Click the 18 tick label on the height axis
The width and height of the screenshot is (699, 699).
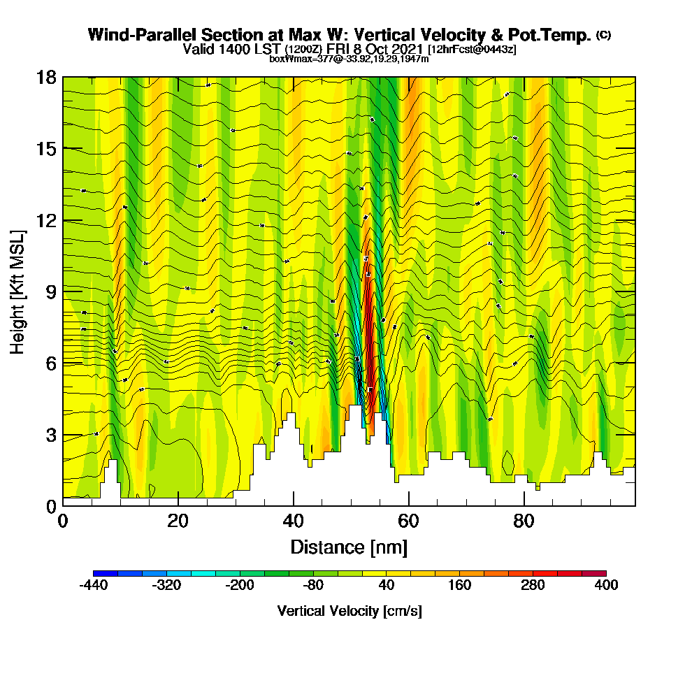pos(46,77)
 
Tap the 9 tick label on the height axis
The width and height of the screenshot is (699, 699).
pos(50,291)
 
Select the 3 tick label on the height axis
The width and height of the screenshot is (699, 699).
pos(50,435)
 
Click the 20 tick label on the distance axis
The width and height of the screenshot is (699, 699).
pos(178,521)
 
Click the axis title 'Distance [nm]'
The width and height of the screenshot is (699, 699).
pos(349,547)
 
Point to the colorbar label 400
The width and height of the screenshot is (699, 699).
pos(606,586)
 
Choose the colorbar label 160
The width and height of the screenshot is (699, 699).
pos(459,586)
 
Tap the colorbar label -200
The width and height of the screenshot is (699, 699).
pos(240,586)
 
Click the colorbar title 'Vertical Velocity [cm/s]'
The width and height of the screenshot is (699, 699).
pos(349,611)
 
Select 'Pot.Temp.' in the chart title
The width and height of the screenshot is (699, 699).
pos(555,35)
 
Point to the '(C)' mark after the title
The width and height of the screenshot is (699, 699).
pos(604,35)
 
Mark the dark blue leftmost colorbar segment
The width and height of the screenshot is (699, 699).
pos(106,574)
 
